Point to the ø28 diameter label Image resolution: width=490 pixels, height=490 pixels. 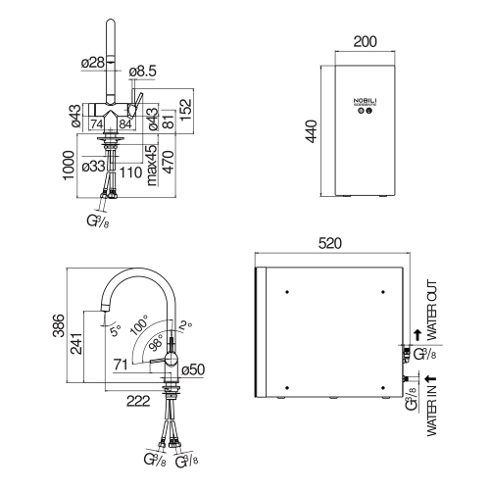click(x=92, y=64)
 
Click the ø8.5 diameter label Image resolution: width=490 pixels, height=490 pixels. click(x=145, y=72)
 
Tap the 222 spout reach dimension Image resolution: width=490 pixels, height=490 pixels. click(x=138, y=400)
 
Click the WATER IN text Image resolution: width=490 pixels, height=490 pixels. click(x=432, y=413)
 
